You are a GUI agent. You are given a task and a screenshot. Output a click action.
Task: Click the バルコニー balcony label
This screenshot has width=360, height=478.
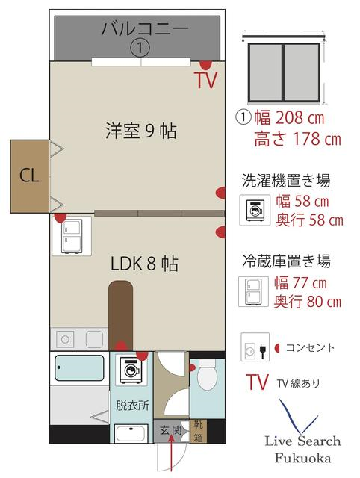click(x=145, y=29)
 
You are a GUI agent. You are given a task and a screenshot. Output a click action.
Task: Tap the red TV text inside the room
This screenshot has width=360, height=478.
click(x=206, y=80)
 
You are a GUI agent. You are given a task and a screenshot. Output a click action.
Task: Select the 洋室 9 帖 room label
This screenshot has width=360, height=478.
click(x=141, y=131)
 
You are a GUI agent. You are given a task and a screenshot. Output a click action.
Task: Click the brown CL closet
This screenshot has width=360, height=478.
click(x=30, y=176)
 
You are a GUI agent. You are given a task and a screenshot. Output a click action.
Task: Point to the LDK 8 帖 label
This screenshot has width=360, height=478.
click(x=144, y=264)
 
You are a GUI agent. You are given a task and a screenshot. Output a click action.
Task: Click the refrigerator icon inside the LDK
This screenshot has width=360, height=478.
click(x=72, y=236)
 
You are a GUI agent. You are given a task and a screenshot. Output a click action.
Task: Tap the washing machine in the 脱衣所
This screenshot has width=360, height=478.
click(x=131, y=370)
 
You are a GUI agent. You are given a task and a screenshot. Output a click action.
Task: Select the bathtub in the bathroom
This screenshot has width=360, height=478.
click(x=79, y=367)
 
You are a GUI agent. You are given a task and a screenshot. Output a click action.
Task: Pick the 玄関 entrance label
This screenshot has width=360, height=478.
click(x=171, y=430)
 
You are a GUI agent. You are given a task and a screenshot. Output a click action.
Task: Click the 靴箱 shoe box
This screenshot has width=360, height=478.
click(x=199, y=431)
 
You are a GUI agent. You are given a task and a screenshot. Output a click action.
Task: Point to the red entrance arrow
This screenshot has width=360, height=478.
click(x=172, y=453)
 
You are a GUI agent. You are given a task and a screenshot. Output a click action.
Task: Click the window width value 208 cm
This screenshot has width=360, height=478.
click(x=300, y=118)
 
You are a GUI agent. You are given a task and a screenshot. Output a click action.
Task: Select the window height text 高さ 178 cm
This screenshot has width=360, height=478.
click(x=297, y=140)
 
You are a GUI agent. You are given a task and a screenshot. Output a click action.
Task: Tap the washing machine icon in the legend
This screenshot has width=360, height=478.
click(x=255, y=210)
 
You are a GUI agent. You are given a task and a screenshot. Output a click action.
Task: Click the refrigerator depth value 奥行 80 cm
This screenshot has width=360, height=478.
click(x=308, y=302)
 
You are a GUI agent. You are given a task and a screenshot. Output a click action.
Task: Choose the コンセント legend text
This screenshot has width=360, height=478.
click(x=310, y=347)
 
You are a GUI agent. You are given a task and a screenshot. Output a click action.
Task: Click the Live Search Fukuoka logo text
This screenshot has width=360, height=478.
click(x=302, y=449)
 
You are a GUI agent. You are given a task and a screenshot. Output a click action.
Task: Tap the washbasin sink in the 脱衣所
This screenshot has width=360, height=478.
click(x=131, y=433)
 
